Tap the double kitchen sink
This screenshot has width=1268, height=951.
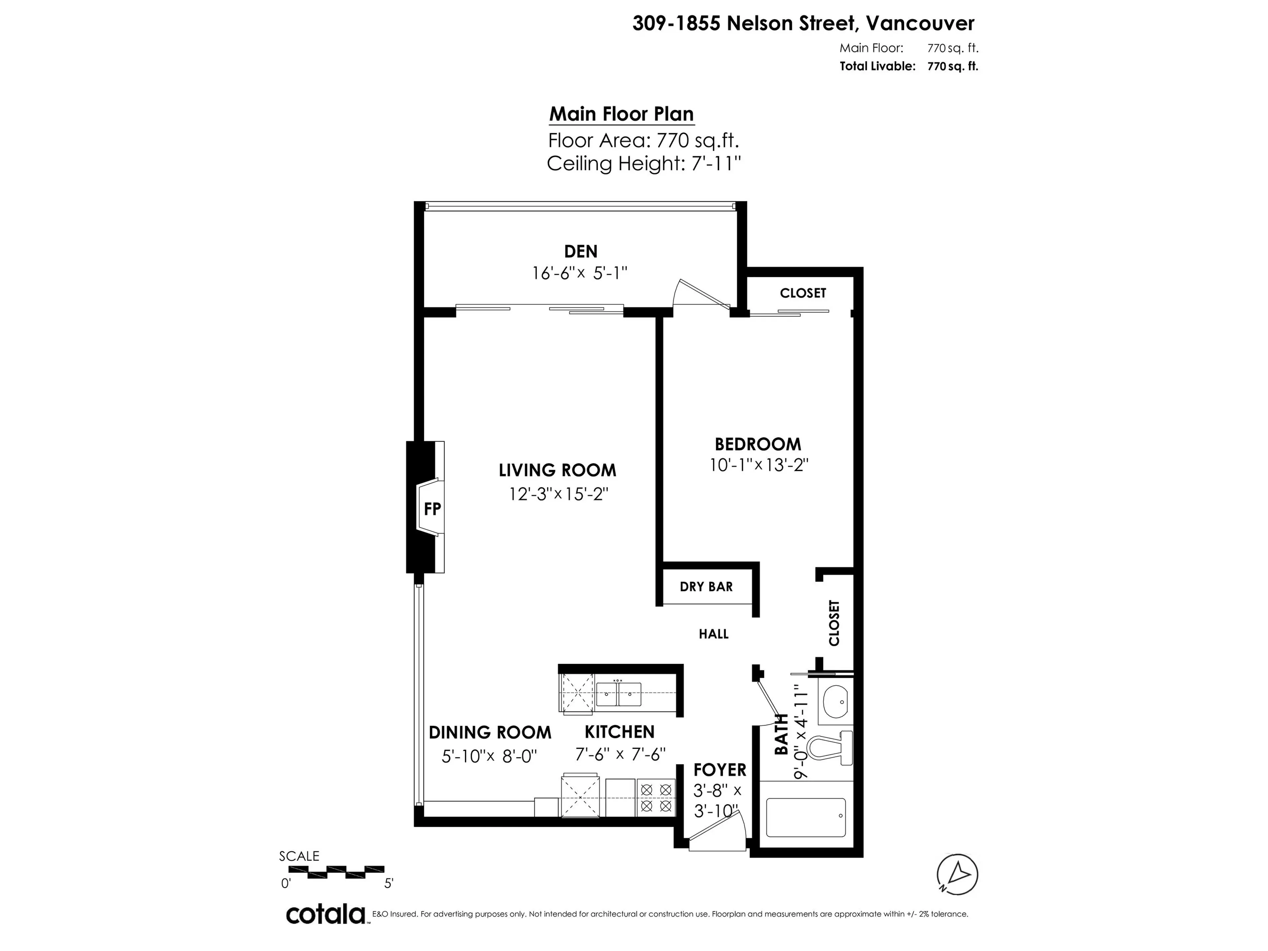[x=618, y=694]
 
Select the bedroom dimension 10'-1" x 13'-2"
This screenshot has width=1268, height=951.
[x=758, y=465]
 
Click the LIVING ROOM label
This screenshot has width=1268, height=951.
[x=557, y=470]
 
